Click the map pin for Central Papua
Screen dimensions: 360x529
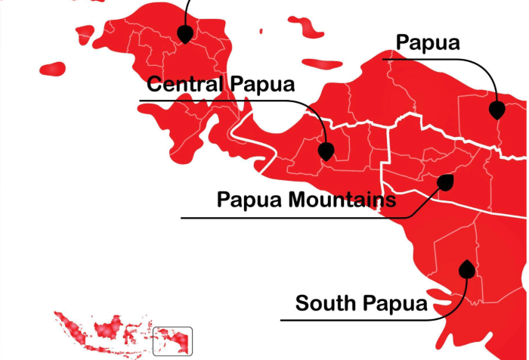[326, 151]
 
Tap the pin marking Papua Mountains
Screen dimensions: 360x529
[446, 182]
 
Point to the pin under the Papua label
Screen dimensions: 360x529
[496, 110]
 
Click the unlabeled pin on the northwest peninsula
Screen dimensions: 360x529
[184, 33]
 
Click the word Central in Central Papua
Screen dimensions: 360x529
[183, 83]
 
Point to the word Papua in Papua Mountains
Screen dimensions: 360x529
[249, 200]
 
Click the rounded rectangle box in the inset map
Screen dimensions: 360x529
[172, 340]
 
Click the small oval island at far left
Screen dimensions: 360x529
[53, 69]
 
